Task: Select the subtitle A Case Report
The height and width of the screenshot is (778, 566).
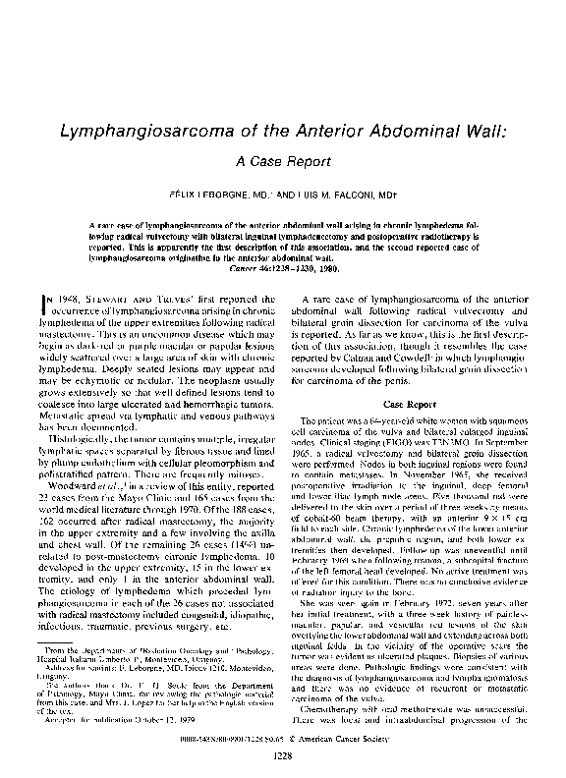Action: tap(282, 161)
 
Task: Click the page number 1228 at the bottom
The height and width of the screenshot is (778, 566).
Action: tap(282, 755)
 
